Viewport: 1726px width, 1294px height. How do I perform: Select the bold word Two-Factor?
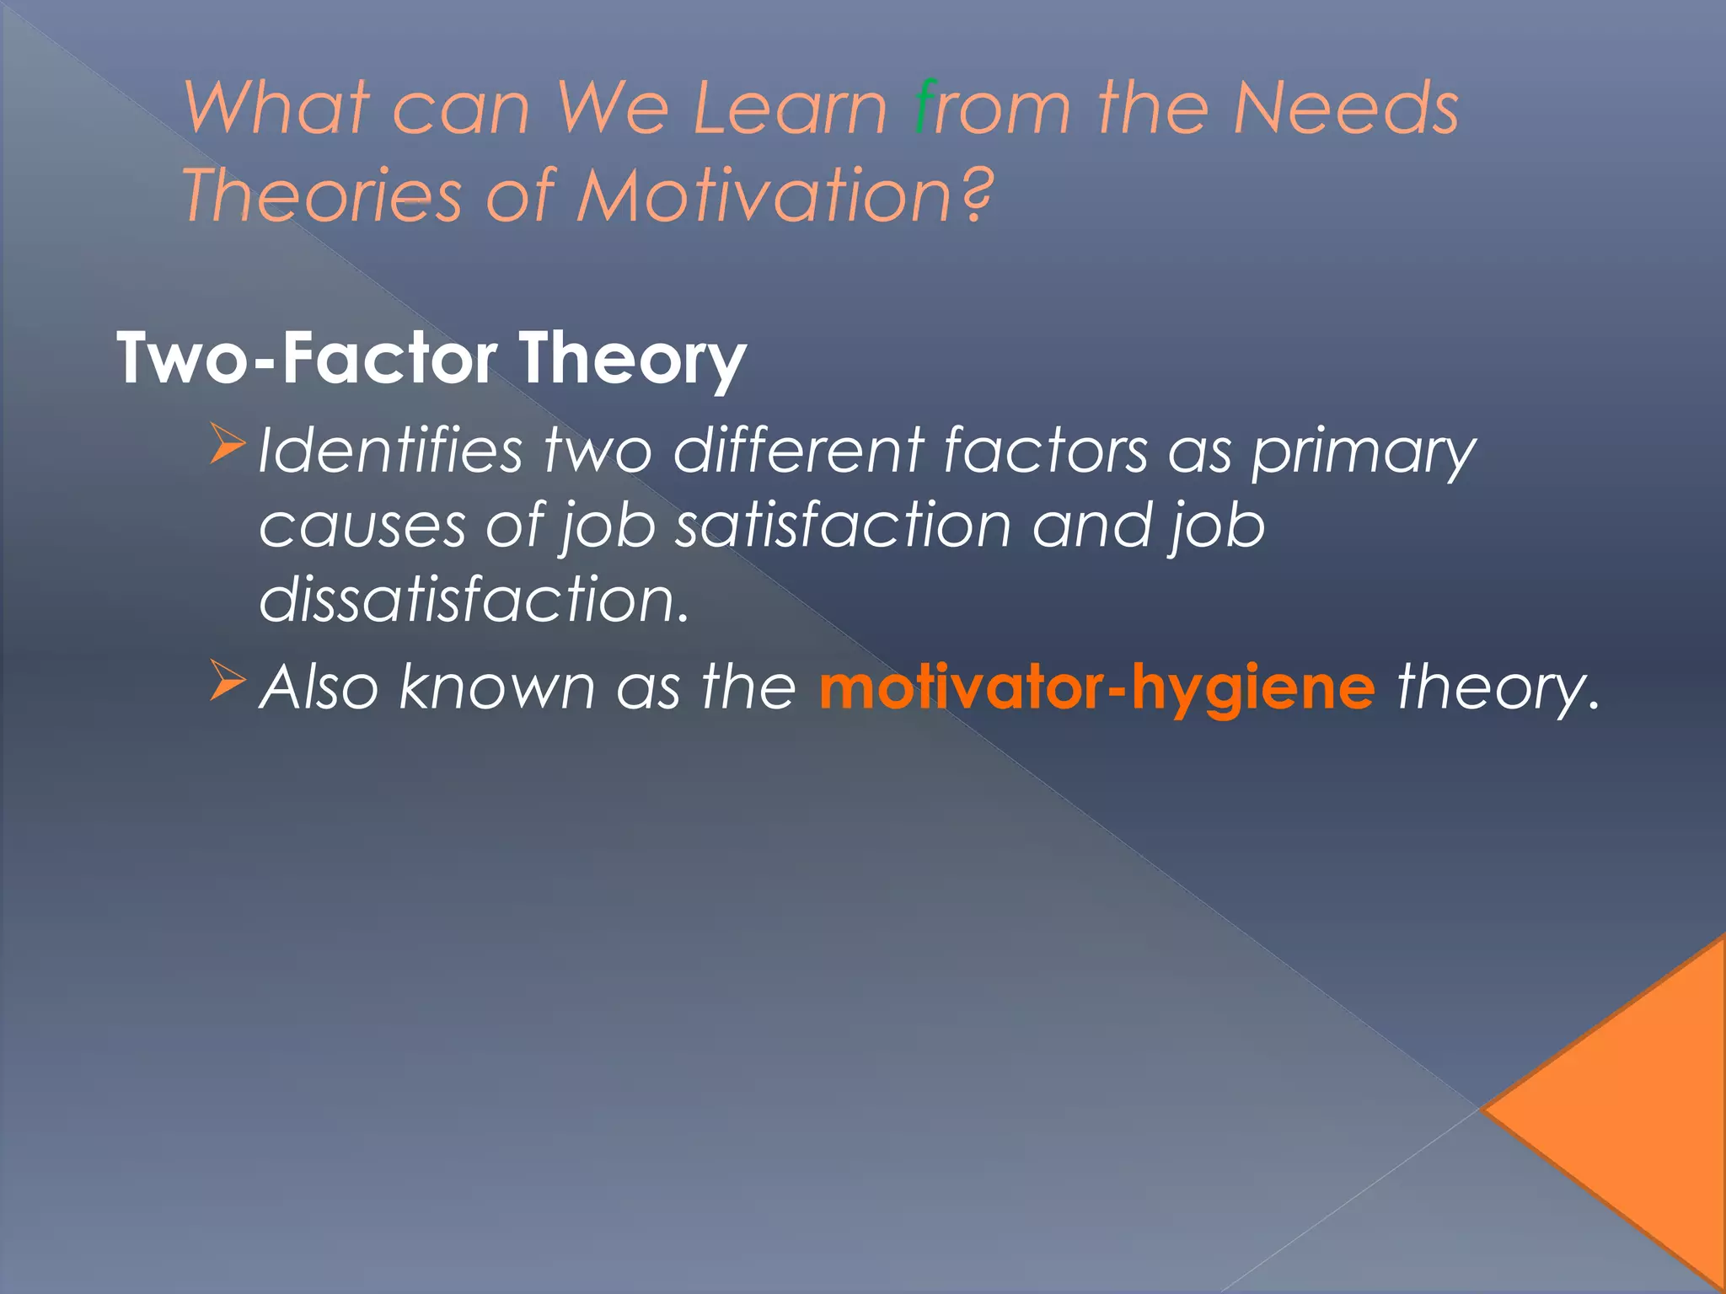pos(307,359)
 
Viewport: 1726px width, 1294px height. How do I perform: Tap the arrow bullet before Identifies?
pos(227,444)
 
